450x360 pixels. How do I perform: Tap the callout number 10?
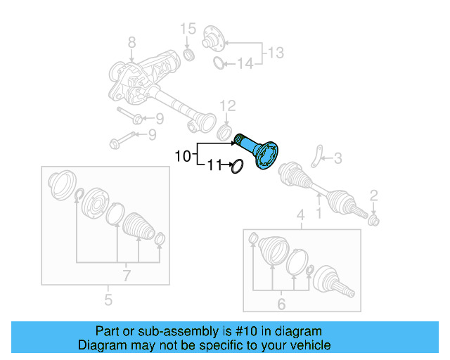pos(182,156)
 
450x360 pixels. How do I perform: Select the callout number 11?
pos(214,166)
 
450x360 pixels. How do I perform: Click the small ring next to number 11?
pos(236,167)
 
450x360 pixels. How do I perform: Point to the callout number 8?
pos(131,46)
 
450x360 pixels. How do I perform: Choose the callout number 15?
pos(187,29)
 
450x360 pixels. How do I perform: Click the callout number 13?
pos(276,51)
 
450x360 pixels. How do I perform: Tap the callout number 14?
pos(243,65)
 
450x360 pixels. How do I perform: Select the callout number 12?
pos(227,105)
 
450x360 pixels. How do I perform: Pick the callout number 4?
pos(300,214)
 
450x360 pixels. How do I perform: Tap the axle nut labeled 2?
pos(374,221)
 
